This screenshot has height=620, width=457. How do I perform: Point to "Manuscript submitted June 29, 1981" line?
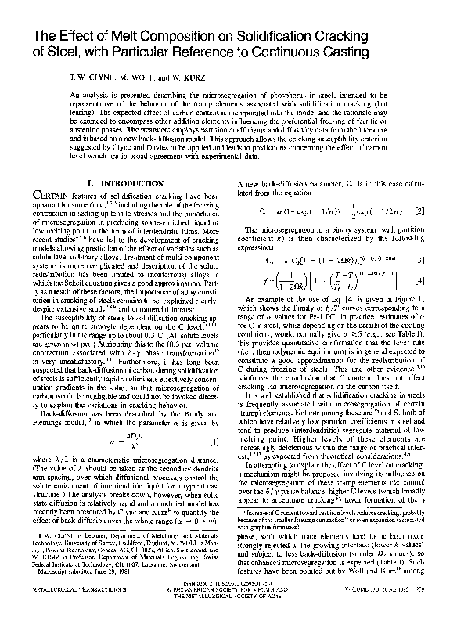pyautogui.click(x=85, y=586)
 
